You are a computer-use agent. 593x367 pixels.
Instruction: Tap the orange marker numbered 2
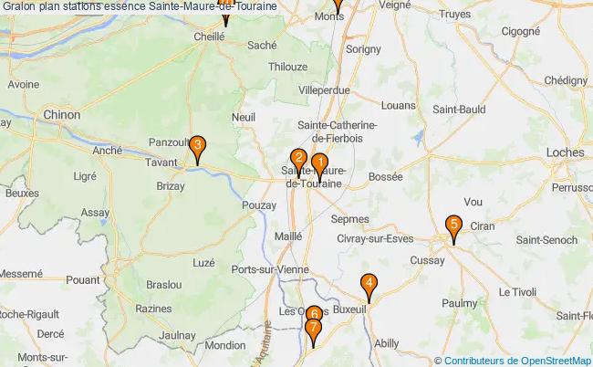click(x=298, y=157)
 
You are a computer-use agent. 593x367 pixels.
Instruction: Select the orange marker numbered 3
click(x=196, y=144)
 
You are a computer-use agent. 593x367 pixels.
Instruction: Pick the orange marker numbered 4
click(x=369, y=284)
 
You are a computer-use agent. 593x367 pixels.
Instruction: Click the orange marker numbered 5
click(x=453, y=225)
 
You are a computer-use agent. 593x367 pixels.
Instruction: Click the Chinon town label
click(x=62, y=116)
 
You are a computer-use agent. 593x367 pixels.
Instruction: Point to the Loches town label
click(x=566, y=152)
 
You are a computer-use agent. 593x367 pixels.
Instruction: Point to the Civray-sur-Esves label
click(x=375, y=239)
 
